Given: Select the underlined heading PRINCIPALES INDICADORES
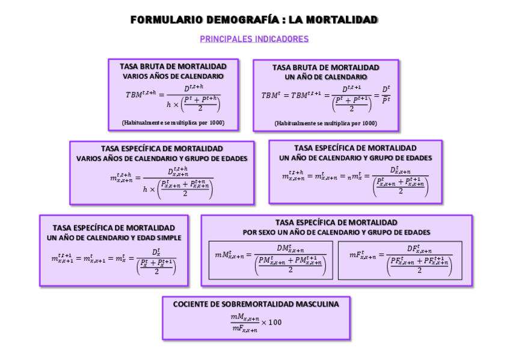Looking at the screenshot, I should pyautogui.click(x=254, y=39).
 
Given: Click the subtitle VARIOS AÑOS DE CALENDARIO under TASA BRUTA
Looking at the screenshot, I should pyautogui.click(x=173, y=76).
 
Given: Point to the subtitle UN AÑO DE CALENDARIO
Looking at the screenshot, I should pyautogui.click(x=326, y=77).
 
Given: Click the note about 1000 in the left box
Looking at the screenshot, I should pyautogui.click(x=173, y=123).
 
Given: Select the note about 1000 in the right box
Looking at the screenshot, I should pyautogui.click(x=326, y=123).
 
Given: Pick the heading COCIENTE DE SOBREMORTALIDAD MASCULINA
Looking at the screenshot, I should pyautogui.click(x=256, y=304).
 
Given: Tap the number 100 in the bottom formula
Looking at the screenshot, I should pyautogui.click(x=274, y=322).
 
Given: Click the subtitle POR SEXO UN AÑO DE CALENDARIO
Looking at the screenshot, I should pyautogui.click(x=337, y=232).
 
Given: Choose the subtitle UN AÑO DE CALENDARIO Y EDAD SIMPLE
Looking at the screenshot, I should pyautogui.click(x=114, y=237).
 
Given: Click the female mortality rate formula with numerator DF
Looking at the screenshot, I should pyautogui.click(x=400, y=260).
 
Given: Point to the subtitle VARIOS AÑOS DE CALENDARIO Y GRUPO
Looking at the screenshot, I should pyautogui.click(x=162, y=159).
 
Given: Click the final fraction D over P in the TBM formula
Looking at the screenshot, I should pyautogui.click(x=386, y=94).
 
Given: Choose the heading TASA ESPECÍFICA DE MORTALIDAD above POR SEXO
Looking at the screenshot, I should pyautogui.click(x=337, y=222).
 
